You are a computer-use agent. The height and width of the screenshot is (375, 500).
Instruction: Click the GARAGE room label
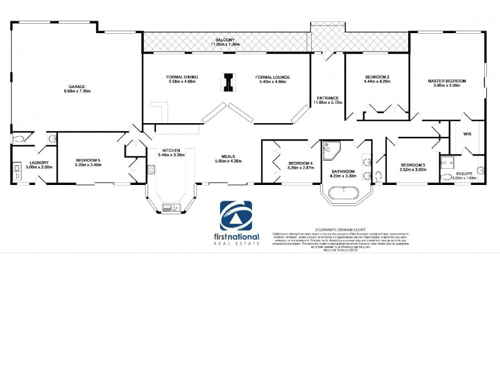[77, 87]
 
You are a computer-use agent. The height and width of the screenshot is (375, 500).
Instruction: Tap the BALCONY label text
[226, 39]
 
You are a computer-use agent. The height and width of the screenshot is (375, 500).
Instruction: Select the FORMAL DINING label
[182, 77]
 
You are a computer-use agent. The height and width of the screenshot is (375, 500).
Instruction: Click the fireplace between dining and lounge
[230, 82]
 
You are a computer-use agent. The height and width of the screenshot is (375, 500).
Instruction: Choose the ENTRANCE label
[327, 98]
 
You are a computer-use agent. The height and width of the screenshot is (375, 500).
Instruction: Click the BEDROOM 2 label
[377, 77]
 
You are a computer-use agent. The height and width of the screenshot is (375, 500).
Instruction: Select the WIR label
[467, 134]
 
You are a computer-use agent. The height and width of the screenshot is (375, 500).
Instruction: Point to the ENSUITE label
[464, 173]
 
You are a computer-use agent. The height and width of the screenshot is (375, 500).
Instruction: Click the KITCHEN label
[171, 151]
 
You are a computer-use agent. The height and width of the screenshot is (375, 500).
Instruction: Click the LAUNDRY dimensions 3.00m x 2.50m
[27, 167]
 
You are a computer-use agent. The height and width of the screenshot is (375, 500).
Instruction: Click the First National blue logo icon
[235, 216]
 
